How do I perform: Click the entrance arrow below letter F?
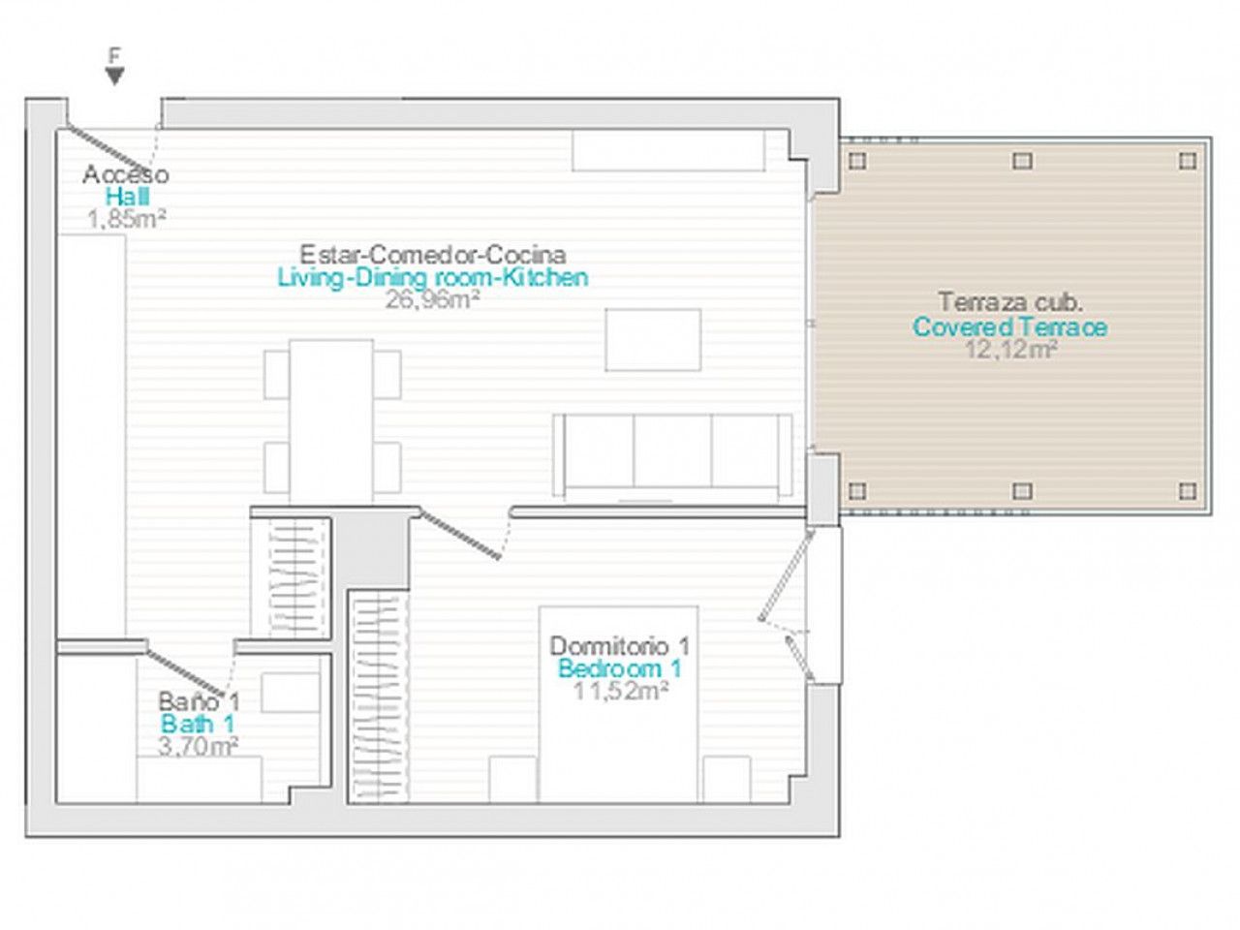115,77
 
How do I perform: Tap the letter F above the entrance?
115,55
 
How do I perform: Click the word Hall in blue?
128,197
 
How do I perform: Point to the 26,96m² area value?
432,299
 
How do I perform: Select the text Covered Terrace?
1010,326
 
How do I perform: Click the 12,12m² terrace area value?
1009,350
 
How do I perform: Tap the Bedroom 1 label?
620,668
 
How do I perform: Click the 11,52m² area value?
621,691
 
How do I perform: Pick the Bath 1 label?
198,724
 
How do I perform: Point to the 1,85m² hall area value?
127,219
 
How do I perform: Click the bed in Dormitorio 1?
619,704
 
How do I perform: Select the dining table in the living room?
331,421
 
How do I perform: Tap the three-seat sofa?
672,456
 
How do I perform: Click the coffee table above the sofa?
653,340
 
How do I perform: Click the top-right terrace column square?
1187,162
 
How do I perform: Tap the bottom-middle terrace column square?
1022,491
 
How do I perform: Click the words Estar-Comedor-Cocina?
432,255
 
